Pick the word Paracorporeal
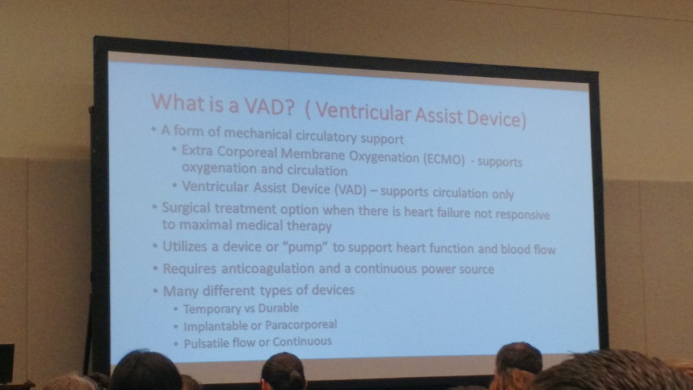(302, 325)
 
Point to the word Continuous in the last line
(304, 341)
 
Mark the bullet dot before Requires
(155, 269)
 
